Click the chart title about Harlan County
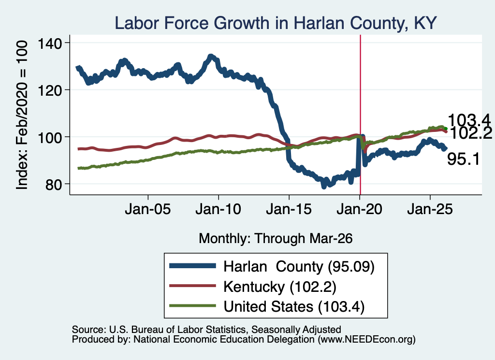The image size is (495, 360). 276,23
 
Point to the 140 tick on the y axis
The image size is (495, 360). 50,43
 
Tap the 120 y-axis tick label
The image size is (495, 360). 50,90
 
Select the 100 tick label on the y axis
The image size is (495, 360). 50,138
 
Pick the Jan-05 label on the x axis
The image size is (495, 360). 148,209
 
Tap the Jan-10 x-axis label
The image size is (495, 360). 218,209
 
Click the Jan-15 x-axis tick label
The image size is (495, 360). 289,209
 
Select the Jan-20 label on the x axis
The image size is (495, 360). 359,209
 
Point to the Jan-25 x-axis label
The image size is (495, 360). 430,209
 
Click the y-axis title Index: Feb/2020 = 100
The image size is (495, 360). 22,115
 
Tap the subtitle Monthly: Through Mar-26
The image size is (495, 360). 276,239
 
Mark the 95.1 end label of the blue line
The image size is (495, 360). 463,159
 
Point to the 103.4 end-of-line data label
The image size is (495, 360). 469,120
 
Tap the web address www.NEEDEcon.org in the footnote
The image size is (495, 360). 366,339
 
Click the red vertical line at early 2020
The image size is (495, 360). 360,115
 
